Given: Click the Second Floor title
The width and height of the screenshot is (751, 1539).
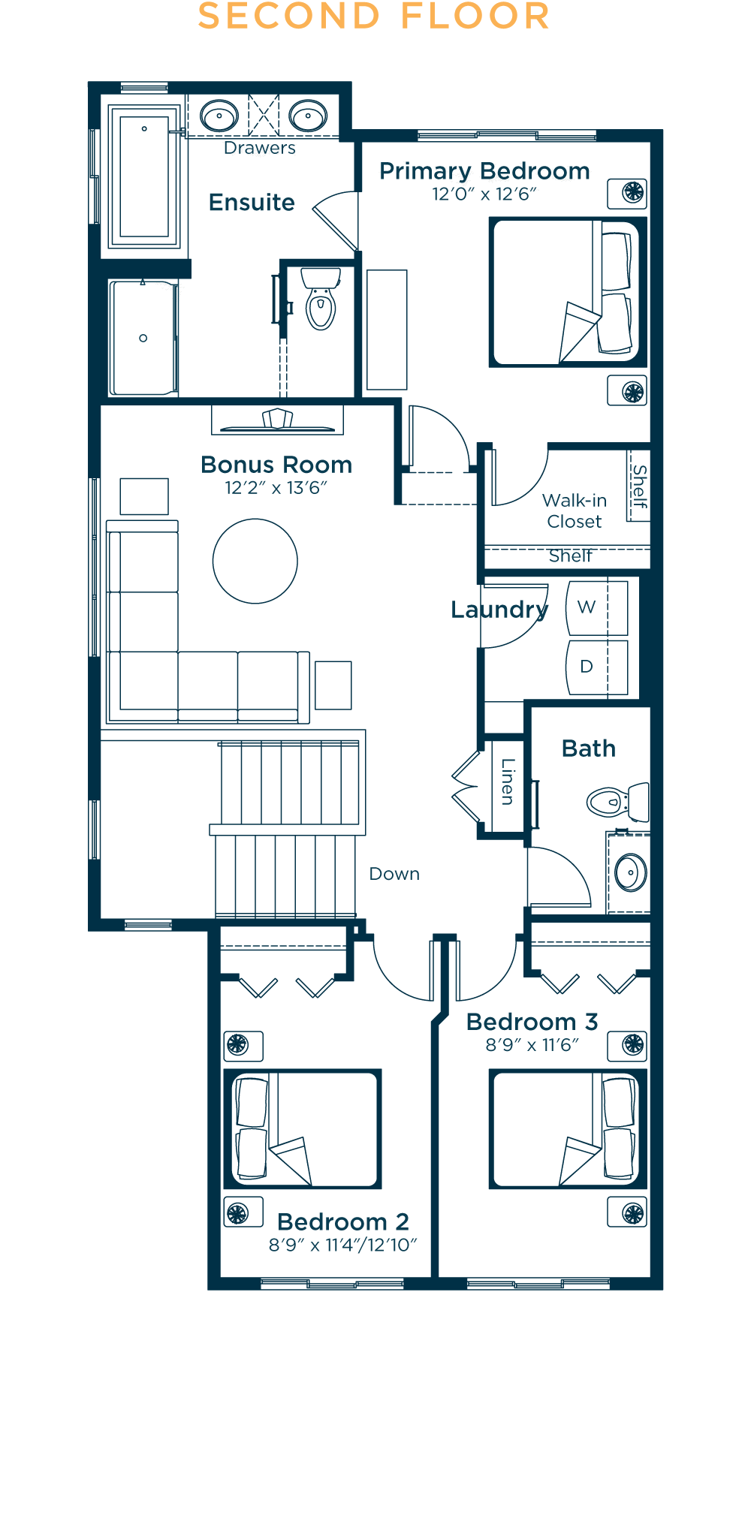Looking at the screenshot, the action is coord(374,17).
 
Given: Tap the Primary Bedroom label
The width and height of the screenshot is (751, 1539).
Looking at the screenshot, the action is coord(484,171).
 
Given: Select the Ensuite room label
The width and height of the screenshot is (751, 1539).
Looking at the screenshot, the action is coord(252,202).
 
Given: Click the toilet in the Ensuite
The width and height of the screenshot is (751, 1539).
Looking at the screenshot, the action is coord(321,299).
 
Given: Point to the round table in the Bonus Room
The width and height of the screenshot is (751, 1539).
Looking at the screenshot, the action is coord(255,561).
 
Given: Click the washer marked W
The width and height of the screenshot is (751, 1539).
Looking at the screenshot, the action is coord(597,607).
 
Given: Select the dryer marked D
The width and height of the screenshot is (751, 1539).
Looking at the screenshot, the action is coord(597,667).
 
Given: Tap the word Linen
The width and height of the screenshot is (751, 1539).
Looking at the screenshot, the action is coord(508,782).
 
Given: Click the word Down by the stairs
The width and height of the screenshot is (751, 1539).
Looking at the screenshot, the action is coord(394,874).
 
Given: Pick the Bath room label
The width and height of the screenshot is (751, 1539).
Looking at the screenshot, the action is coord(589,748).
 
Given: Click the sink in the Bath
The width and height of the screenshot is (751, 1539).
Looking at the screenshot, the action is coord(631,872).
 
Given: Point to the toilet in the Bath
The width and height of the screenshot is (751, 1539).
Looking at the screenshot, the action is coord(618,802).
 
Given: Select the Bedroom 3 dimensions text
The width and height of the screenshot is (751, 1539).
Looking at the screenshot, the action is coord(532,1044).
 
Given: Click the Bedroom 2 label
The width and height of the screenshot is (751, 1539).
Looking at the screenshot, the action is coord(343,1221).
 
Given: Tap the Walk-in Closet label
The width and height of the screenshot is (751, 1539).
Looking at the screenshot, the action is coord(575,510).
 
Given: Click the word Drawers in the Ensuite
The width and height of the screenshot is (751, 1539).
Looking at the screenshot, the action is coord(260,148).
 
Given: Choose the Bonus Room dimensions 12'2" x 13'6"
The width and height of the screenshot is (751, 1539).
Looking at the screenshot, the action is coord(276,488).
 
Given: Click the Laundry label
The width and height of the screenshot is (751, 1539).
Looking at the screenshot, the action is coord(499,610).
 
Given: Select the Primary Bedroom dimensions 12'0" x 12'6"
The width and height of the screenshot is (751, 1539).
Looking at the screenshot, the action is coord(484,194).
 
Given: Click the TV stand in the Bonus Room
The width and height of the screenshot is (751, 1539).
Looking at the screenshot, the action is coord(277,420).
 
